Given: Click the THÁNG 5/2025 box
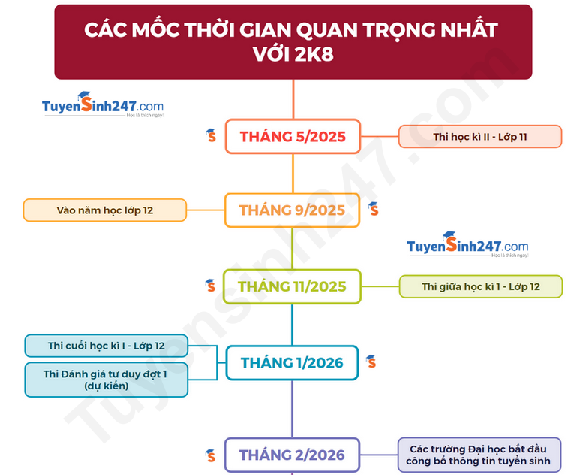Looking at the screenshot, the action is point(293,136).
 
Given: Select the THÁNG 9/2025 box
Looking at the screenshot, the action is point(292,210).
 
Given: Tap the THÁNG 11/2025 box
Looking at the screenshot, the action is point(292,286).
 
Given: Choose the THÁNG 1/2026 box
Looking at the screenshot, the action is point(292,363).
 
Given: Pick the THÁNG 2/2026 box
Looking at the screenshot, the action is point(292,455).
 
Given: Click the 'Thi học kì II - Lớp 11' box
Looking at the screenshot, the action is point(480,136).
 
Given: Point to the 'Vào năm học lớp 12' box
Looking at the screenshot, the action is point(105,210).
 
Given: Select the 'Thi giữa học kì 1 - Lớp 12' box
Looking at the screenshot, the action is point(481,286).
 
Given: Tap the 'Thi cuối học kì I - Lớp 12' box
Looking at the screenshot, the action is point(106,346).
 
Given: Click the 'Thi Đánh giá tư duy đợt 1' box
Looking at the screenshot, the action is point(106,380).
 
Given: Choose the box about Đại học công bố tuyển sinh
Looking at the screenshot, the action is point(479,455).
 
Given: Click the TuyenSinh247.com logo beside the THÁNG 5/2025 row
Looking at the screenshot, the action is point(103,105).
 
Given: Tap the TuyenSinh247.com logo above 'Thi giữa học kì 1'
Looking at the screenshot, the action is point(467,245).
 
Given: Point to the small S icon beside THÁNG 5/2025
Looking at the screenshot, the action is point(211,135).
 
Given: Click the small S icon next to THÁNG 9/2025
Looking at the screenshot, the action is point(374,210).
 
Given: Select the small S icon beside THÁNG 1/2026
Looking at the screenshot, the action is point(371,362).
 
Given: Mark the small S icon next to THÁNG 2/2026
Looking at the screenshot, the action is point(211,455).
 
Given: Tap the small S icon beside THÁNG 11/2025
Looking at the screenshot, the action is point(211,286).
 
